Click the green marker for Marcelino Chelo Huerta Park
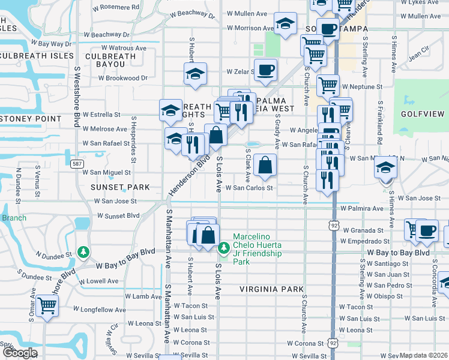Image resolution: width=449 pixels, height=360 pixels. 224,247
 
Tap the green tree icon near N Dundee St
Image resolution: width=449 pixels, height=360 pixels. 84,251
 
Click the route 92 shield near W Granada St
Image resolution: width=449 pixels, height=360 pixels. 333,225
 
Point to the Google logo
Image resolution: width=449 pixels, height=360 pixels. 19,353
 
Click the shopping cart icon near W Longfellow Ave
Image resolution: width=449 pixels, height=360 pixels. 46,305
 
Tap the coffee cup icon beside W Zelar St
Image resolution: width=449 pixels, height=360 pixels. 265,70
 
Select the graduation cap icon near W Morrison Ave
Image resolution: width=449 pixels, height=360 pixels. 286,23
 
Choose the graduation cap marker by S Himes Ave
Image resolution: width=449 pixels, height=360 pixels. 385,167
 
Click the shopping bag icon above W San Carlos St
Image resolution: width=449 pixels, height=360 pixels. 265,164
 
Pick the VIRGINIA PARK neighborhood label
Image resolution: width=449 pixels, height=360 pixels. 271,289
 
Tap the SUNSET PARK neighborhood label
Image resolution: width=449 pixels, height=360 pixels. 119,187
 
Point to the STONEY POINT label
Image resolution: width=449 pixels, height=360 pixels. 31,119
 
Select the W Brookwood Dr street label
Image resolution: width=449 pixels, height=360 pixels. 123,78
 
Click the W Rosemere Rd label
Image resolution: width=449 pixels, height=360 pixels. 116,8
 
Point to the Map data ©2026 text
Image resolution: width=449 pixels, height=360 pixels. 423,355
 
